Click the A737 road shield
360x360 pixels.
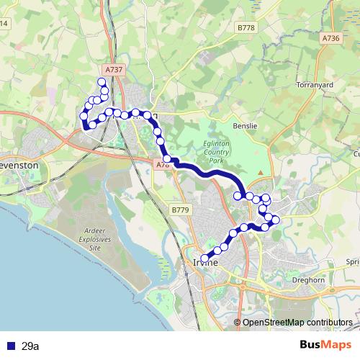click(x=113, y=69)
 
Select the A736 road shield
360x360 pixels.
click(x=330, y=38)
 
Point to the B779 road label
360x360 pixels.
click(x=180, y=210)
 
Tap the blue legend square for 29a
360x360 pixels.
click(x=10, y=346)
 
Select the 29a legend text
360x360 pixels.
click(x=30, y=346)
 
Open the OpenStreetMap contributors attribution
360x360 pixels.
click(x=297, y=322)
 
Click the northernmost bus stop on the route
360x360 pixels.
click(x=102, y=81)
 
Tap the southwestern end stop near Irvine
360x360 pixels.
click(x=204, y=258)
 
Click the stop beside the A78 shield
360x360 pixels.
click(x=167, y=158)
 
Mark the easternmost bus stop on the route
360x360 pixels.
click(x=276, y=220)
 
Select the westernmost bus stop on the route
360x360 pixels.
click(x=84, y=115)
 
